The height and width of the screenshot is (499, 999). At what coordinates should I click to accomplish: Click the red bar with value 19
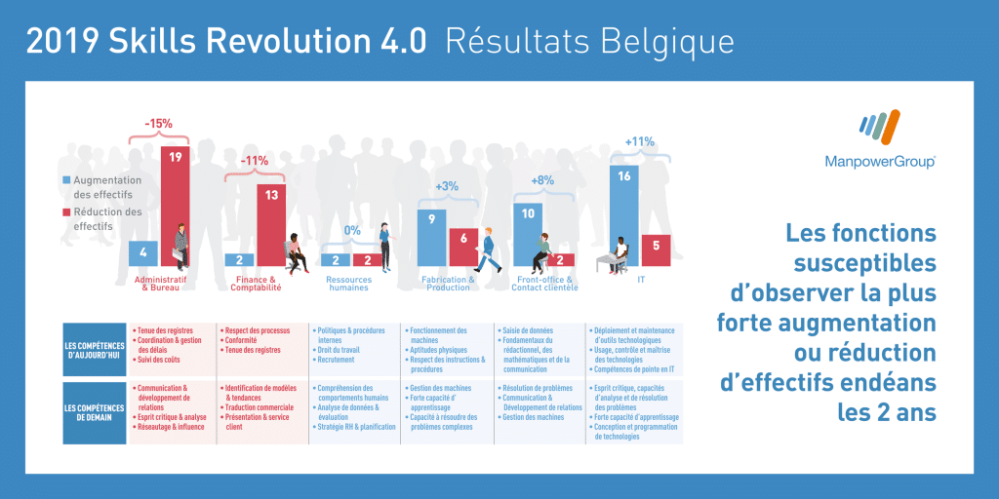click(176, 205)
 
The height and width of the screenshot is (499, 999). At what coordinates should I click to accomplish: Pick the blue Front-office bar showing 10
click(528, 234)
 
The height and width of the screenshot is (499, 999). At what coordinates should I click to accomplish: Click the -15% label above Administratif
click(158, 124)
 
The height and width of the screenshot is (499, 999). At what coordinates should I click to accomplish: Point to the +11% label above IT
click(639, 142)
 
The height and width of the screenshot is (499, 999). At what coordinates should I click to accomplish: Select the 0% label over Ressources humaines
click(351, 231)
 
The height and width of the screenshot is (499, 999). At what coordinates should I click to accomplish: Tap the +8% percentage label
click(542, 180)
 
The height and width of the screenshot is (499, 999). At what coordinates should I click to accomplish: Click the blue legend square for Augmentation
click(66, 180)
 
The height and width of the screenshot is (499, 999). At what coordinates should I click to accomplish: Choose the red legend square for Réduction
click(66, 211)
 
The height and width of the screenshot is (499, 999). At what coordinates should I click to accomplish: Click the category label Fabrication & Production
click(448, 284)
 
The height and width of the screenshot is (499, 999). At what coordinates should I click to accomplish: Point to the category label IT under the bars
click(639, 280)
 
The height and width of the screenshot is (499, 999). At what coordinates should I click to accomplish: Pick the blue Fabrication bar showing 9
click(431, 237)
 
